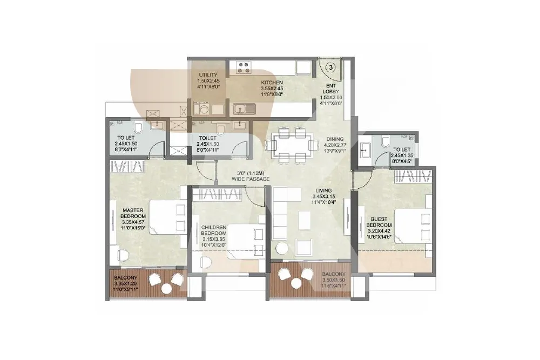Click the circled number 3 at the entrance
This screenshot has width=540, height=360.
pyautogui.click(x=330, y=67)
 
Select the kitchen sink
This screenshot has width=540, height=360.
pyautogui.click(x=245, y=109)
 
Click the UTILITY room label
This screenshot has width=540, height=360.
pyautogui.click(x=208, y=74)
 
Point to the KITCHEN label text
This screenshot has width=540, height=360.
pyautogui.click(x=272, y=83)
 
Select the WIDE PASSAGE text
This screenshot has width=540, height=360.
pyautogui.click(x=251, y=179)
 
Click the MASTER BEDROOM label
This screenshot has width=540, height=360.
pyautogui.click(x=133, y=213)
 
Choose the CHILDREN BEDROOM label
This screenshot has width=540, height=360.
pyautogui.click(x=213, y=230)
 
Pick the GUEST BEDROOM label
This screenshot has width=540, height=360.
pyautogui.click(x=379, y=222)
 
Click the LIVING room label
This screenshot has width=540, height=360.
pyautogui.click(x=324, y=191)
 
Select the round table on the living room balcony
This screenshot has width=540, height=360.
pyautogui.click(x=295, y=283)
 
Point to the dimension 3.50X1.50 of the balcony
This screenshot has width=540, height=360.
pyautogui.click(x=333, y=280)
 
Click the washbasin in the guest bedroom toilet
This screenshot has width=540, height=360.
pyautogui.click(x=364, y=150)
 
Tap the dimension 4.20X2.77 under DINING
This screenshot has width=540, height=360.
pyautogui.click(x=335, y=145)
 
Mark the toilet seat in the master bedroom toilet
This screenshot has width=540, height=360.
pyautogui.click(x=139, y=128)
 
